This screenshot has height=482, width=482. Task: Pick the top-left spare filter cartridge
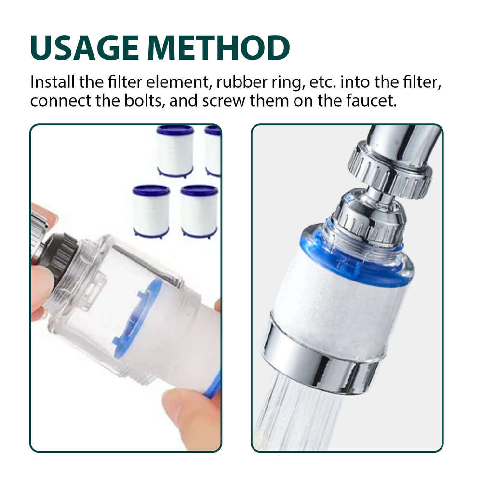click(175, 151)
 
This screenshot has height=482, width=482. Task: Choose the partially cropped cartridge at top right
click(213, 151)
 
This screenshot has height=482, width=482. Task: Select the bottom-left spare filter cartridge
click(151, 211)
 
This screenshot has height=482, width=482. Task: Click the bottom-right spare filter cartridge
click(199, 211)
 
